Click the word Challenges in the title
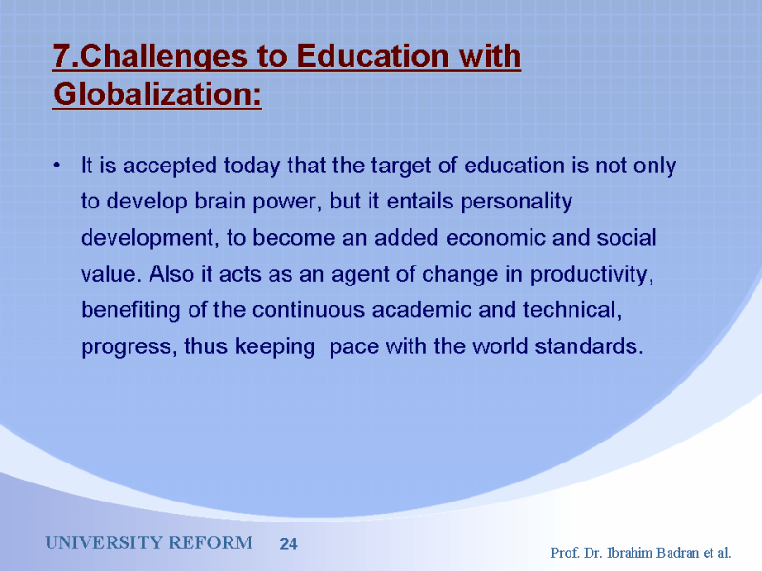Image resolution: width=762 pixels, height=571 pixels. click(163, 57)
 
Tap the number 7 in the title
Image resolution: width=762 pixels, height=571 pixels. click(62, 55)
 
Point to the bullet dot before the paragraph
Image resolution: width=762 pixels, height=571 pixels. click(57, 166)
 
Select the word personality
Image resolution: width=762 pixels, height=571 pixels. click(516, 202)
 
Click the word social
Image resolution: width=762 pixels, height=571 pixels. click(627, 237)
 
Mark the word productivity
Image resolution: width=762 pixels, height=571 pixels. click(592, 275)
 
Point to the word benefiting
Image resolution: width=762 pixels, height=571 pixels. click(130, 310)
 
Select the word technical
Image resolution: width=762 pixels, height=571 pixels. click(572, 310)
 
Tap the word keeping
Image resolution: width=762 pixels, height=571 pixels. click(275, 347)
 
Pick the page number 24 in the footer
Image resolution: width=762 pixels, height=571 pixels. click(289, 543)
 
